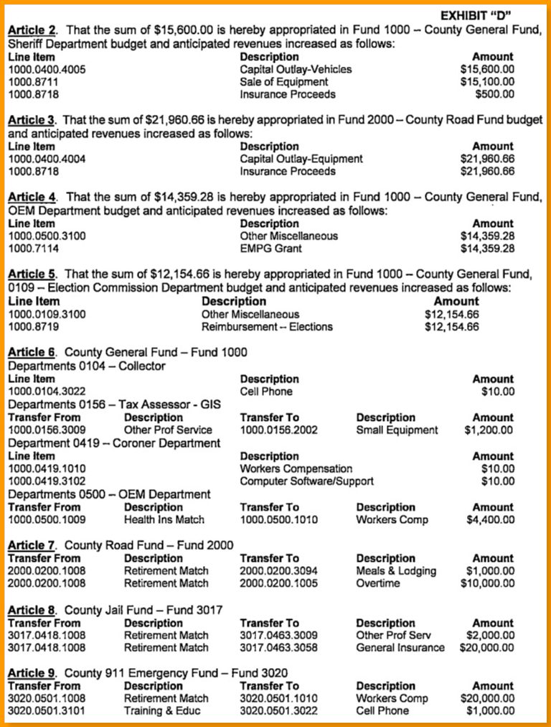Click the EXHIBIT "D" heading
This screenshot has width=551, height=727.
click(x=480, y=15)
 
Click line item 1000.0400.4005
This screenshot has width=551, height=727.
click(x=47, y=69)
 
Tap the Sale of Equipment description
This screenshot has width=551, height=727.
click(x=284, y=82)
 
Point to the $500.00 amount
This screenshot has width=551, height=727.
click(x=495, y=94)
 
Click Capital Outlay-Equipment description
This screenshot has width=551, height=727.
click(x=301, y=159)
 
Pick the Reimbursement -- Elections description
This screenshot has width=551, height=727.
click(x=267, y=327)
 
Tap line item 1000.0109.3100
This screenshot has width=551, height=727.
click(x=47, y=314)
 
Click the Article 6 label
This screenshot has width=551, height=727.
click(x=33, y=352)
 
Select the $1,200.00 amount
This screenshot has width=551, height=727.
click(x=489, y=430)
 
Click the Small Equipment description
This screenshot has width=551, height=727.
click(x=397, y=430)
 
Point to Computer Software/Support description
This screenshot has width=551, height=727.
click(x=306, y=481)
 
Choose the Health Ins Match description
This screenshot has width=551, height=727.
click(x=164, y=520)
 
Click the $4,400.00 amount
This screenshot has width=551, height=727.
click(x=489, y=520)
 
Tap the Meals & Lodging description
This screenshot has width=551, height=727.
click(x=396, y=571)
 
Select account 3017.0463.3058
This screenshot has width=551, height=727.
click(x=278, y=648)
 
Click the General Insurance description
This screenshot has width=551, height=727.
click(x=400, y=648)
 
